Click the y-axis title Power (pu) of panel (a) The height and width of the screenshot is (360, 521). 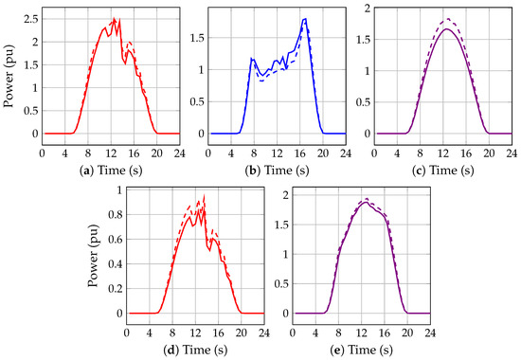pyautogui.click(x=9, y=72)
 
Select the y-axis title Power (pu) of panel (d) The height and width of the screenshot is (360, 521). pyautogui.click(x=92, y=251)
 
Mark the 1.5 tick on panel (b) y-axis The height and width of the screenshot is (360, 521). pyautogui.click(x=200, y=37)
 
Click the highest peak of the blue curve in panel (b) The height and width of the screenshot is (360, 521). pyautogui.click(x=304, y=19)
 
